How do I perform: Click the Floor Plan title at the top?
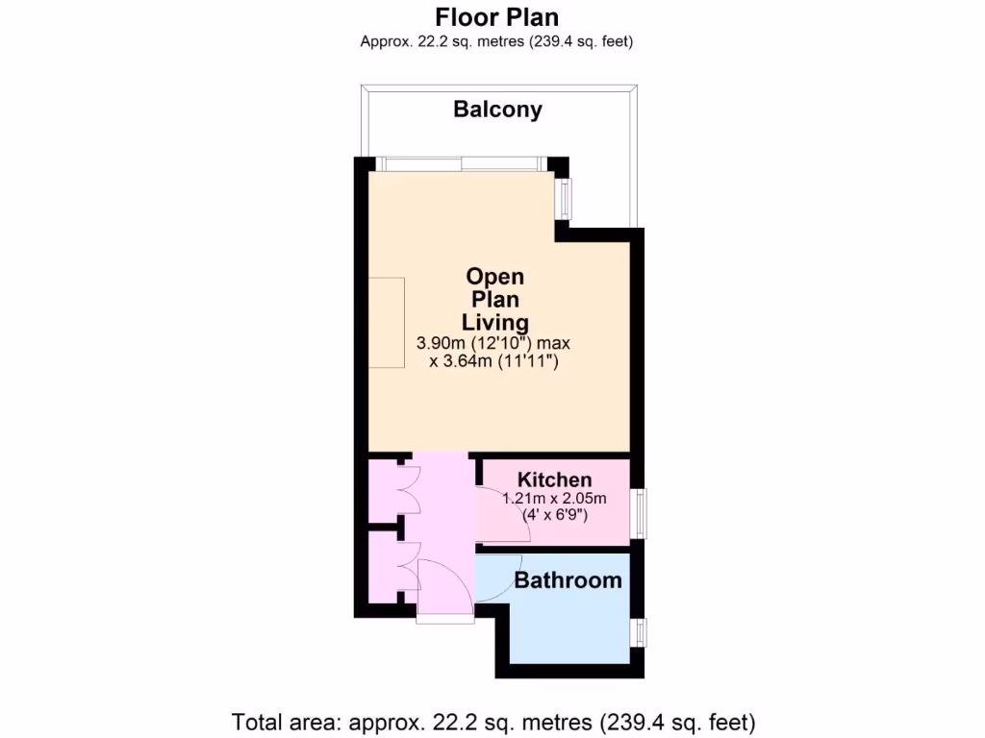(x=496, y=17)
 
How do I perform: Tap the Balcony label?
(x=497, y=110)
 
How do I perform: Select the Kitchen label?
(x=554, y=480)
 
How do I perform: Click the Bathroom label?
(x=568, y=580)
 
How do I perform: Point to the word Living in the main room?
(x=495, y=322)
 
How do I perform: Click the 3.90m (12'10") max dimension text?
(x=494, y=343)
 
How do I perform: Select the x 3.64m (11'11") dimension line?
(x=494, y=362)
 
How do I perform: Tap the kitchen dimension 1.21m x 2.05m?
(x=554, y=498)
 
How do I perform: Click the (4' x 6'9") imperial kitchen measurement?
(x=554, y=515)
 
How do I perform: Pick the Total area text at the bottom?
(x=493, y=720)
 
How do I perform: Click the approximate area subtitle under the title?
(x=496, y=40)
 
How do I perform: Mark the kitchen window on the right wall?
(x=640, y=513)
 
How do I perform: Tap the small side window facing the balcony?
(x=566, y=198)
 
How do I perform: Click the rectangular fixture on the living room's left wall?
(x=388, y=323)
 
